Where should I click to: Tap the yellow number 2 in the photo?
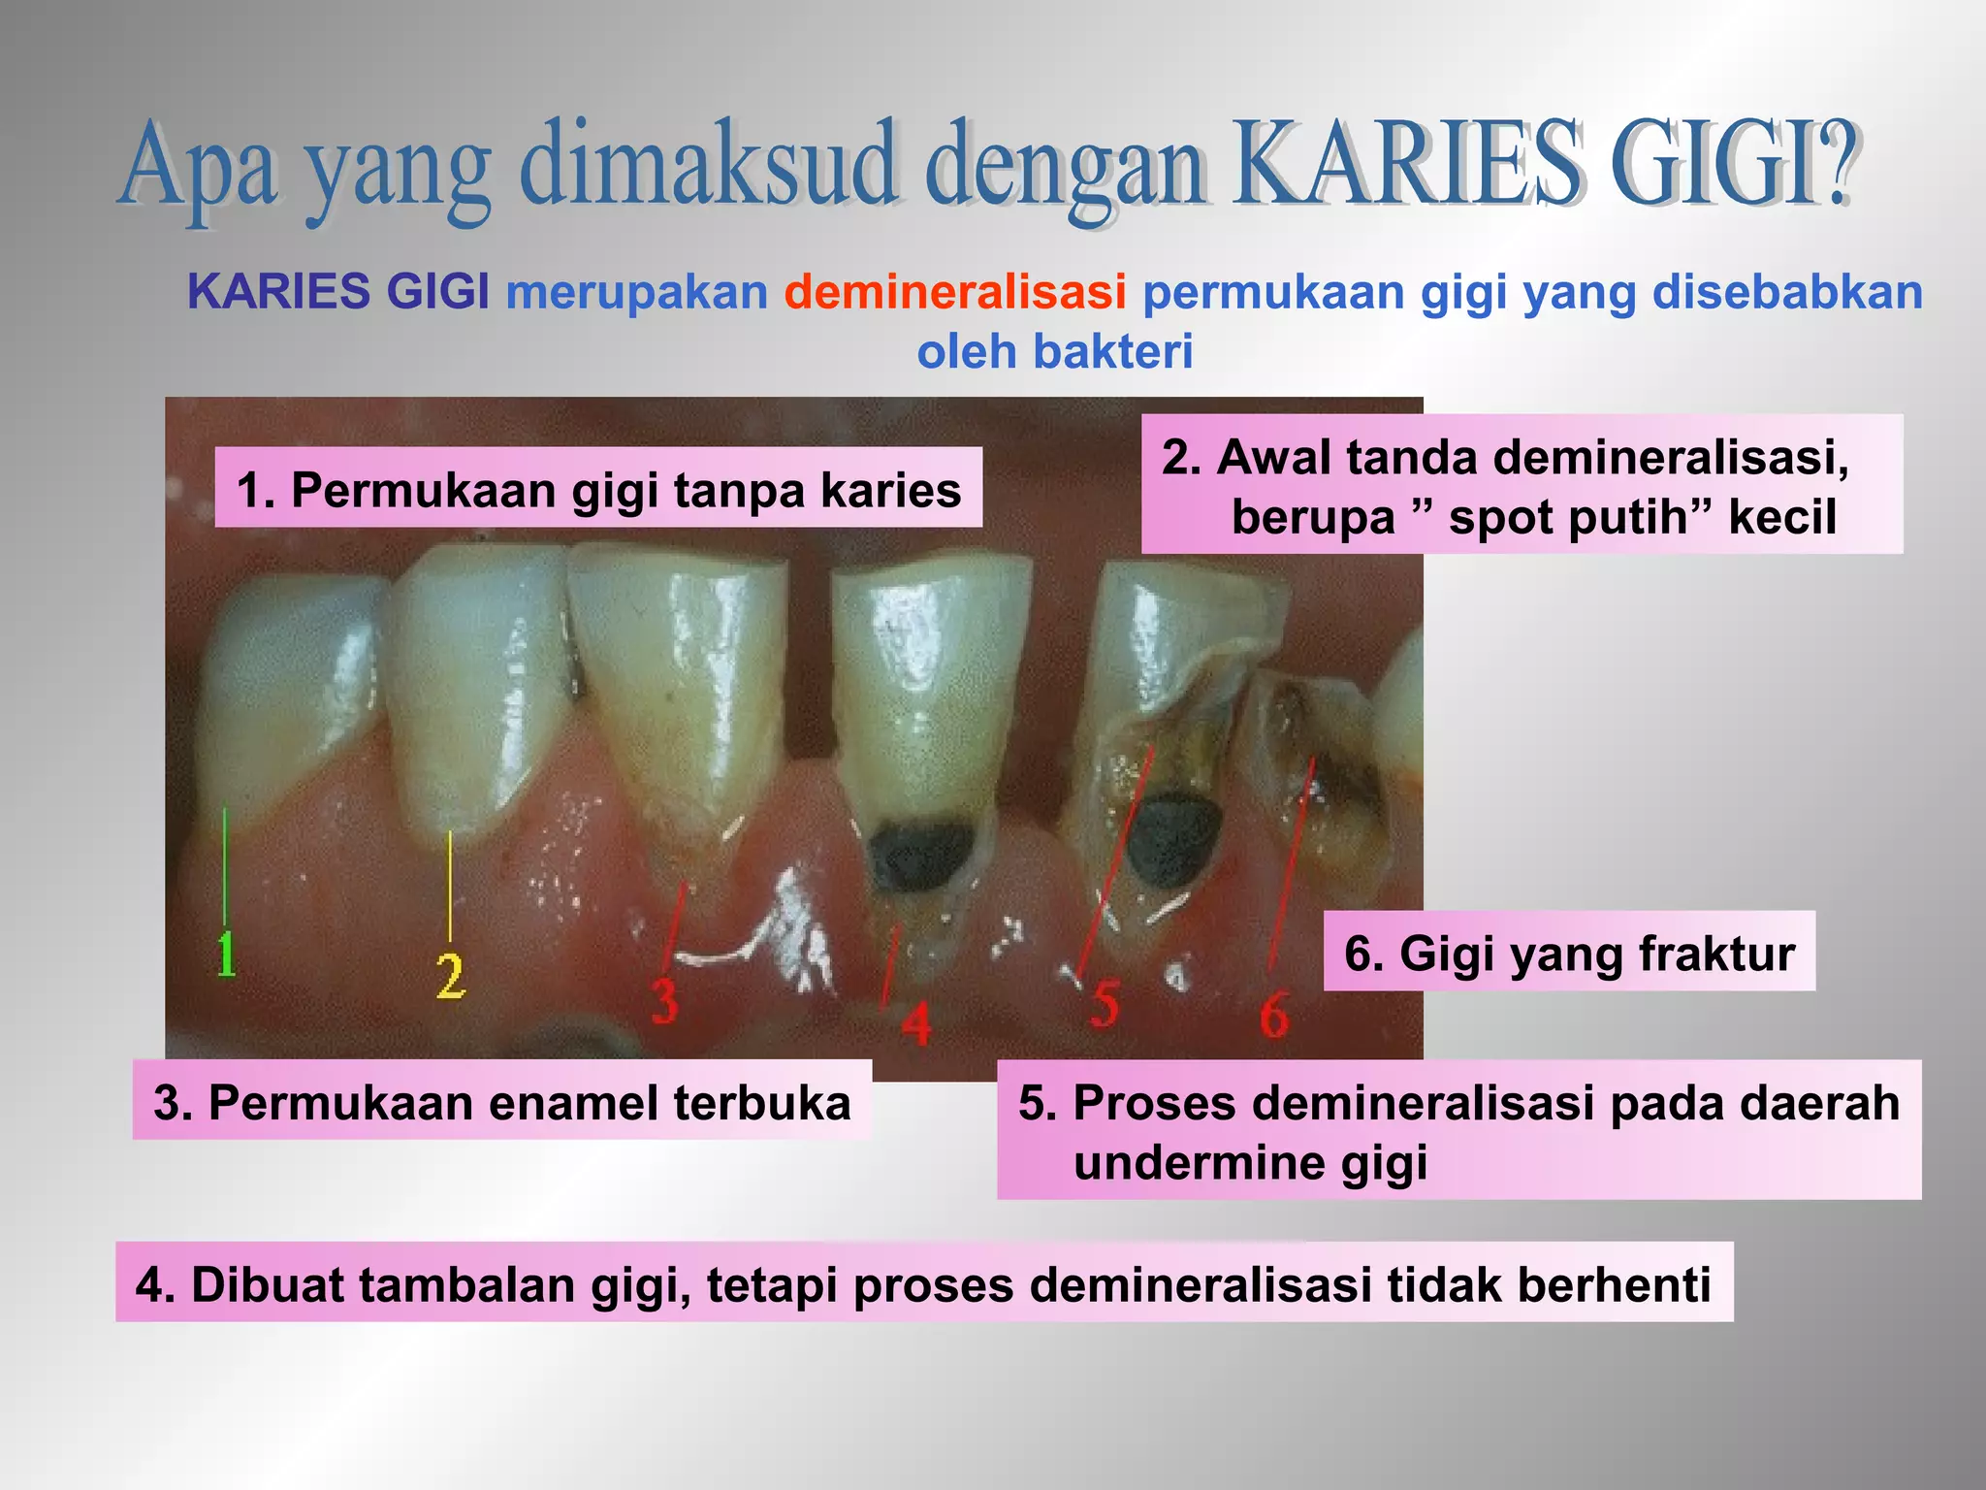pyautogui.click(x=450, y=975)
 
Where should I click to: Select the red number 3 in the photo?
pyautogui.click(x=664, y=1000)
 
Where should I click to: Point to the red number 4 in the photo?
pyautogui.click(x=916, y=1023)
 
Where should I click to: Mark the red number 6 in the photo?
pyautogui.click(x=1274, y=1015)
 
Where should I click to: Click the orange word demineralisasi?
pyautogui.click(x=955, y=292)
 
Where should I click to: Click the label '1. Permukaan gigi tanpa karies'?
pyautogui.click(x=598, y=488)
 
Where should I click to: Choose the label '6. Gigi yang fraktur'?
pyautogui.click(x=1569, y=952)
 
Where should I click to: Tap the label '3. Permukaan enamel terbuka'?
pyautogui.click(x=502, y=1101)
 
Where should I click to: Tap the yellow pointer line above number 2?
pyautogui.click(x=450, y=885)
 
